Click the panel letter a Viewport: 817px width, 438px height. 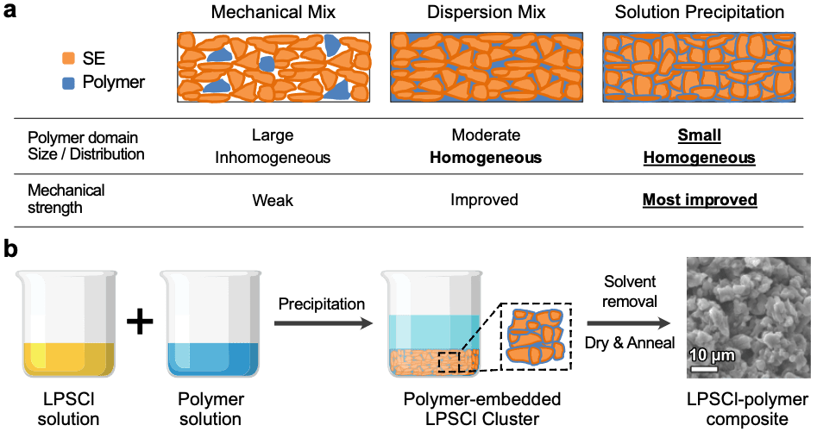click(9, 12)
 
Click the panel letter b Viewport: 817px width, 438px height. click(9, 248)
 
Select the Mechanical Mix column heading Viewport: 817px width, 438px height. click(273, 13)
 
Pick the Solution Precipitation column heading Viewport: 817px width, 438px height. click(700, 13)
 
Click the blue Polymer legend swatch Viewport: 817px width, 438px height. click(69, 83)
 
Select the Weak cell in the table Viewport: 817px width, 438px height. click(273, 200)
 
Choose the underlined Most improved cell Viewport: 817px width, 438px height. click(700, 200)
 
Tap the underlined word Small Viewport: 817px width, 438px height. click(700, 135)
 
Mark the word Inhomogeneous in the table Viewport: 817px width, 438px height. click(273, 158)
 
